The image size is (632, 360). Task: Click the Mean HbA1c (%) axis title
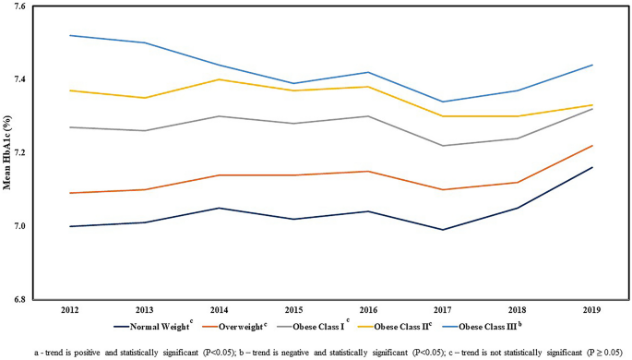(9, 152)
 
